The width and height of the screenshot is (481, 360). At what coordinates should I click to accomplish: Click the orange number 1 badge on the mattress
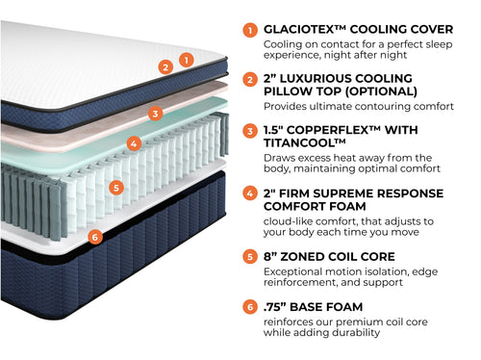187,59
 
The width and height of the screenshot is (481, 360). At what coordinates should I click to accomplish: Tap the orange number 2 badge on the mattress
165,67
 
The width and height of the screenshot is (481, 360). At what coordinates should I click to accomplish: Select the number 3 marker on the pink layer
156,114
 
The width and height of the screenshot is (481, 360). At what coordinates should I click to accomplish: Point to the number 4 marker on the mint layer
135,144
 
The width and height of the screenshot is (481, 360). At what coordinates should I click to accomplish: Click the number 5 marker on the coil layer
115,188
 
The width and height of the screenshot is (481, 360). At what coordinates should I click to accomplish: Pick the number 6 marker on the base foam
93,237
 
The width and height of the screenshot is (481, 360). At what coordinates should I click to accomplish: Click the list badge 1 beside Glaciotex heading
251,30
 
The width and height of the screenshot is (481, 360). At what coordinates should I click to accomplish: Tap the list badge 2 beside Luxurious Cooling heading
251,79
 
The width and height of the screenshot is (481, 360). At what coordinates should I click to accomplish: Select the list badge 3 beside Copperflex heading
251,131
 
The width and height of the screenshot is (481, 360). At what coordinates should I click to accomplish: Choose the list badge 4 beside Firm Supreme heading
251,193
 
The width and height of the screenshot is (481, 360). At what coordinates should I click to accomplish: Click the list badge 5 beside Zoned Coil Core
251,257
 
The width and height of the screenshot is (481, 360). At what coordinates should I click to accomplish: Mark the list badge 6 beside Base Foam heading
251,307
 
